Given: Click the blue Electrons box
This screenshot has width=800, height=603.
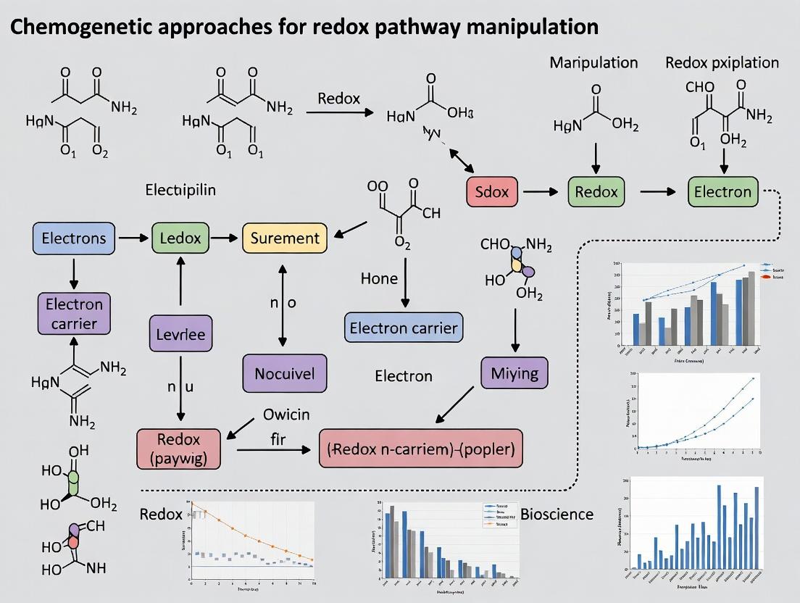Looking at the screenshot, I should coord(73,238).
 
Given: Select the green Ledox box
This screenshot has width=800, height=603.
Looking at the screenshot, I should coord(180,238).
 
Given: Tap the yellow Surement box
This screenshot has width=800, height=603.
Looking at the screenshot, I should coord(284,238).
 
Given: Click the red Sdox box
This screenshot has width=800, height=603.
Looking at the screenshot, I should coord(492,192).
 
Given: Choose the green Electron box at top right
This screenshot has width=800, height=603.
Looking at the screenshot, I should coord(722,192).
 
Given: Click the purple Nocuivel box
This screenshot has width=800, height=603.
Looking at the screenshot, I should coord(285,375).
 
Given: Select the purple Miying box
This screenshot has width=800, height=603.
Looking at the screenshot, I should coord(514,374).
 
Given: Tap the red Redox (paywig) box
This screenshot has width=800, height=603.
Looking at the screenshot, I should coord(178,448).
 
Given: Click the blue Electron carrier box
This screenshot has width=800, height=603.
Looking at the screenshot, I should coord(404,328).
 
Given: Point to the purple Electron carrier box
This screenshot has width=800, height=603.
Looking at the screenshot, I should coord(75,313).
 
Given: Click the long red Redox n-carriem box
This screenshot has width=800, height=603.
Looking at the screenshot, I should coord(421,449).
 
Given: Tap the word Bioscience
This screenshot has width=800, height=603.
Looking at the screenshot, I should coord(557,515).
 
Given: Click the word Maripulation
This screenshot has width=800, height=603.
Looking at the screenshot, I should coord(593,62).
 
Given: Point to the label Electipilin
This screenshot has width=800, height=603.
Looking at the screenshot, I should coord(181,191).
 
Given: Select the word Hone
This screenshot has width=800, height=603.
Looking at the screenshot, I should coord(379,278).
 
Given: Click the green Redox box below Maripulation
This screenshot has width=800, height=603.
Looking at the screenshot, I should coord(596,192).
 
